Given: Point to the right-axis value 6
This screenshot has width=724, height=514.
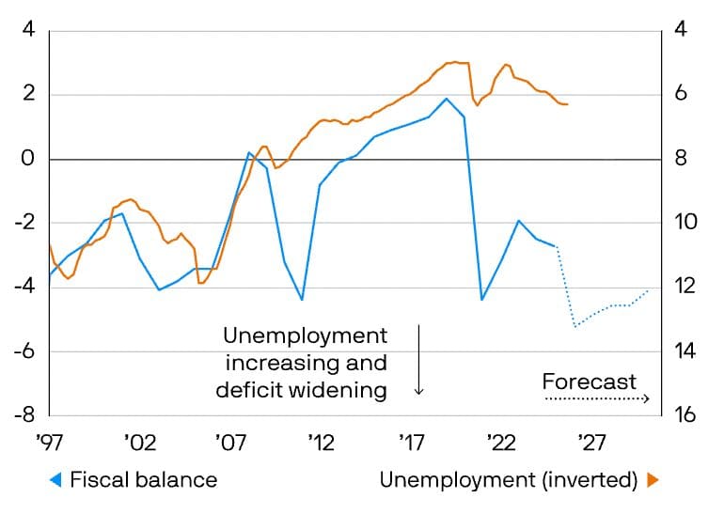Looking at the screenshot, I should point(682,95).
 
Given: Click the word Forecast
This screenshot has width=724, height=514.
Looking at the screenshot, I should point(590,382).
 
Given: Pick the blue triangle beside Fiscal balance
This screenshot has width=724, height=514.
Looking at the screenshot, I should point(55,480).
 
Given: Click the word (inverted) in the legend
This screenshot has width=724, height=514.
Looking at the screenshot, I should point(590,480).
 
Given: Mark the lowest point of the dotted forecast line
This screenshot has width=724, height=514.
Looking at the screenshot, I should point(575,326).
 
